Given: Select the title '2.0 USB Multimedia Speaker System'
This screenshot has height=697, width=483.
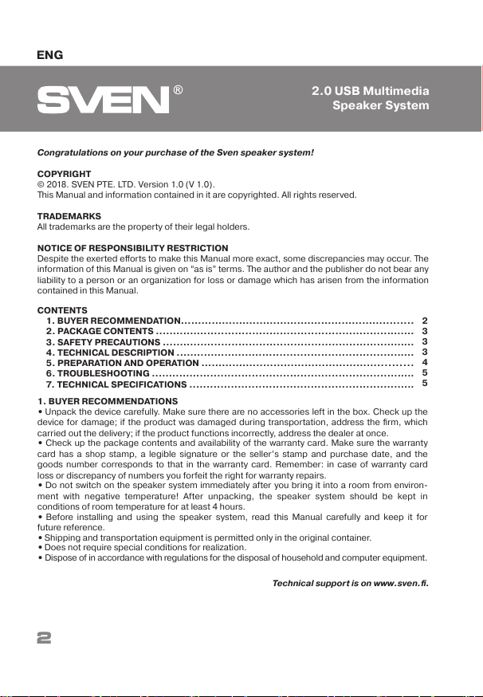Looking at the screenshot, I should [x=370, y=98].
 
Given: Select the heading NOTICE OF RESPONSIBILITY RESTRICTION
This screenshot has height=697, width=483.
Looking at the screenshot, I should [x=133, y=248].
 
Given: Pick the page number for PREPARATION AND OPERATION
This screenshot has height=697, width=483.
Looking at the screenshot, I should [x=425, y=362].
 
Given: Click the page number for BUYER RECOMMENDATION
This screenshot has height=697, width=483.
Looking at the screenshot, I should [x=425, y=321].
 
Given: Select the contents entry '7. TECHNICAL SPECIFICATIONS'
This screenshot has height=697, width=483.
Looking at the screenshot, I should [x=116, y=384].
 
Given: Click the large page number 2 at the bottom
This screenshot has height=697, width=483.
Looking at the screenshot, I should [x=44, y=638].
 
